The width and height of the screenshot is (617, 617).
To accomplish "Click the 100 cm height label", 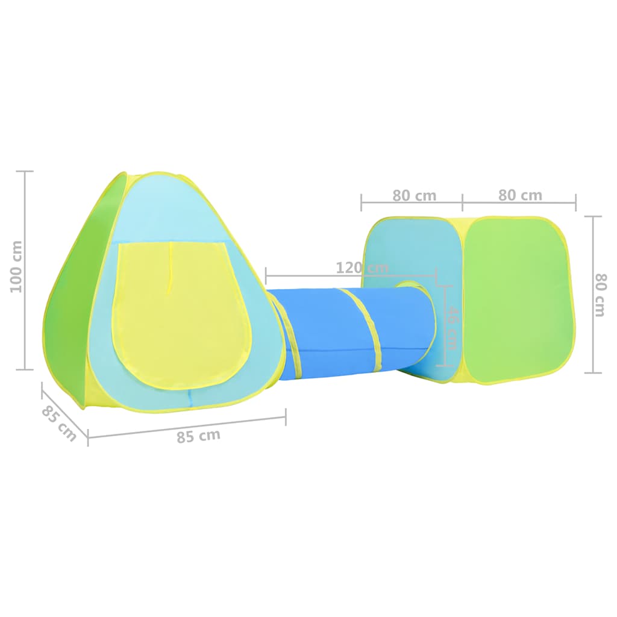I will click(16, 267).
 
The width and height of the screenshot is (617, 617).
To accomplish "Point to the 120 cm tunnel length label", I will click(362, 268).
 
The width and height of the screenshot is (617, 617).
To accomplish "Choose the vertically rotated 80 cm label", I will click(601, 295).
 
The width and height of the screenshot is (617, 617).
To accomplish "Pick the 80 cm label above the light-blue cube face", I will click(414, 196).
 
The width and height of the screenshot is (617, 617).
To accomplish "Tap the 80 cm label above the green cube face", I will click(520, 195).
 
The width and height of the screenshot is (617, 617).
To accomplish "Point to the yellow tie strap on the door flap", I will click(171, 268).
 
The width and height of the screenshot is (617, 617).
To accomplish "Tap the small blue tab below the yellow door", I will click(190, 398).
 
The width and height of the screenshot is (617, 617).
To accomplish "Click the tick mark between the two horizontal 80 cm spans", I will click(463, 202).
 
